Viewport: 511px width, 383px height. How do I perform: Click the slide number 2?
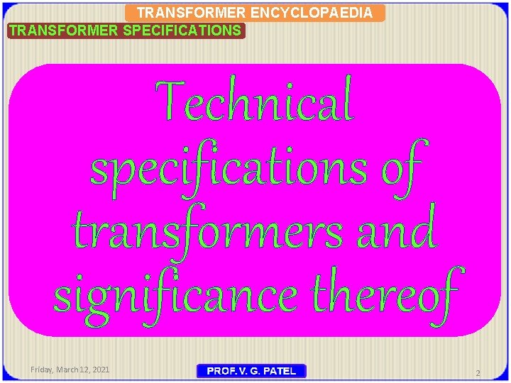tap(478, 373)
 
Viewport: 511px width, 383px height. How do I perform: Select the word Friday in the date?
tap(43, 370)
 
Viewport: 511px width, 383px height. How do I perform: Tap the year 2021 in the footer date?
tap(101, 370)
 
